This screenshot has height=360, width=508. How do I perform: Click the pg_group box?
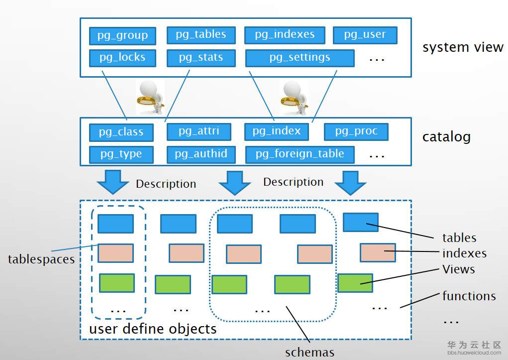click(x=122, y=36)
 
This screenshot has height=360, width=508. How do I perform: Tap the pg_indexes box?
click(x=285, y=34)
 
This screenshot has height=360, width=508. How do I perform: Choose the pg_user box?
click(x=365, y=34)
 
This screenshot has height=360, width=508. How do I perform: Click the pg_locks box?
click(x=122, y=57)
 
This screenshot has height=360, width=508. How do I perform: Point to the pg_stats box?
click(x=201, y=57)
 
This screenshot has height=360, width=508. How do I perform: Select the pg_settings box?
click(x=300, y=58)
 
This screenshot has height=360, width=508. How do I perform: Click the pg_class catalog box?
click(x=121, y=132)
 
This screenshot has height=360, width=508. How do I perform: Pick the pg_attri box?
click(x=199, y=131)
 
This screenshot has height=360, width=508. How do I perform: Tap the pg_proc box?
click(x=356, y=131)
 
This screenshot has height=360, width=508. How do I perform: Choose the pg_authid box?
click(x=201, y=154)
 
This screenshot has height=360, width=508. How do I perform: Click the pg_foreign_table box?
click(x=300, y=154)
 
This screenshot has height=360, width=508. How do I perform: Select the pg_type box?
click(x=121, y=154)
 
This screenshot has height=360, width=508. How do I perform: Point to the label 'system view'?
click(x=463, y=48)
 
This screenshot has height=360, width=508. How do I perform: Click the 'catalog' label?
click(x=446, y=137)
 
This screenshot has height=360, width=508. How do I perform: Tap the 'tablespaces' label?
click(x=41, y=259)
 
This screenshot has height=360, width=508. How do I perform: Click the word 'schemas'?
click(x=309, y=353)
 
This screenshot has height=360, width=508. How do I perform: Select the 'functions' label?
click(x=469, y=296)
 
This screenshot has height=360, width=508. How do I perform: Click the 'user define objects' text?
click(x=153, y=329)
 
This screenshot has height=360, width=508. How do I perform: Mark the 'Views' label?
click(x=458, y=269)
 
